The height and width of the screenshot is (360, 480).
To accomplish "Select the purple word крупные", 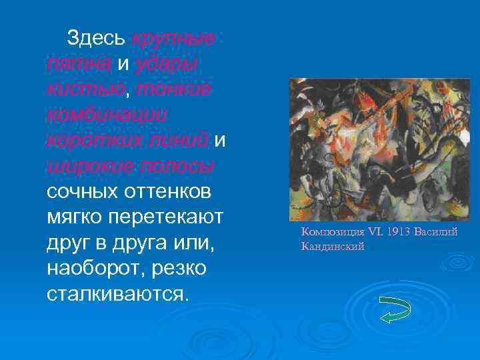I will click(x=173, y=39).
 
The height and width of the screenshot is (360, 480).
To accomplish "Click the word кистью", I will click(x=77, y=89).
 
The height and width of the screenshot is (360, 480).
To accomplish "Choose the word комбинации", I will click(x=107, y=115).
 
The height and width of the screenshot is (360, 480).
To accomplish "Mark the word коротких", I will click(x=88, y=140).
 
